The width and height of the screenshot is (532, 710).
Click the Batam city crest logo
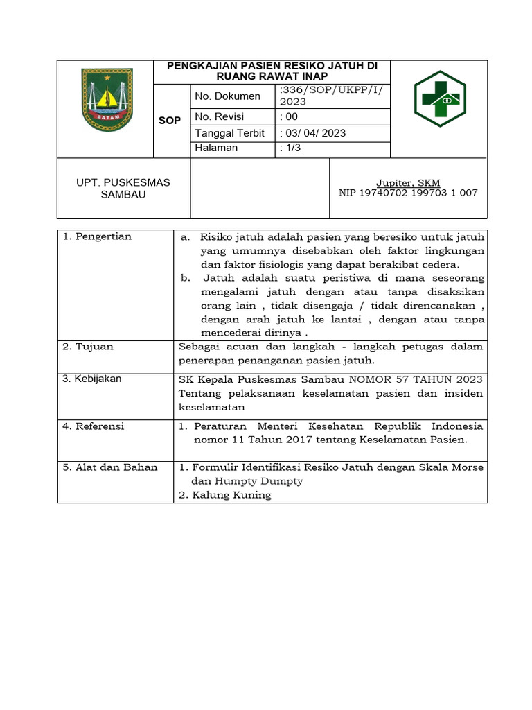(106, 99)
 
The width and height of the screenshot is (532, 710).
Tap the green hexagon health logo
(440, 98)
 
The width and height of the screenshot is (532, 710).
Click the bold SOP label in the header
(170, 121)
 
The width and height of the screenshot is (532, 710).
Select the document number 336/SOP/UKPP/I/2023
(331, 96)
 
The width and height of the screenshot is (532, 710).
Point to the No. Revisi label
(220, 116)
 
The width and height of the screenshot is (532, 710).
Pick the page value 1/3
(291, 148)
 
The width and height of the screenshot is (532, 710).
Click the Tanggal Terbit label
(230, 132)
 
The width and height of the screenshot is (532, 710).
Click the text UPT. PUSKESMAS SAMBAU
(123, 189)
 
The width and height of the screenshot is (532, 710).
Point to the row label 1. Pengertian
(97, 236)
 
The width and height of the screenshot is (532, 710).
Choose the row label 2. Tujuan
(88, 347)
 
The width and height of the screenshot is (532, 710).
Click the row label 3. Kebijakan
(92, 379)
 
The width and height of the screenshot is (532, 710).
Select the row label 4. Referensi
(94, 426)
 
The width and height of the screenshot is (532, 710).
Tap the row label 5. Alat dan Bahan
(110, 467)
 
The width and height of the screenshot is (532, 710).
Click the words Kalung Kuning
(231, 495)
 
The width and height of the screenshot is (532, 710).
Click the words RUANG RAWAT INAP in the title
(272, 76)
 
